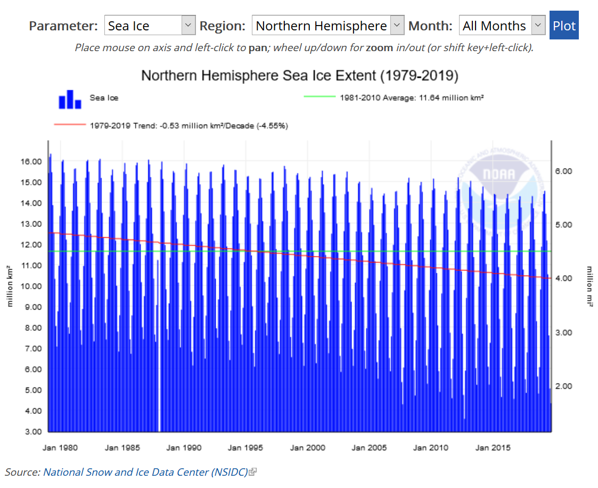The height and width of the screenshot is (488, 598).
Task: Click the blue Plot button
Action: click(564, 26)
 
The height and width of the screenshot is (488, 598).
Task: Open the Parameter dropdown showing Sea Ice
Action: click(150, 26)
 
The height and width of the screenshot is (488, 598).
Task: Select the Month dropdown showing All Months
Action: click(502, 26)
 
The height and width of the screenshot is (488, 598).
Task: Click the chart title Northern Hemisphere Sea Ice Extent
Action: click(299, 76)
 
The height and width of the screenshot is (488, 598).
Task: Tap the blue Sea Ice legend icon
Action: click(70, 100)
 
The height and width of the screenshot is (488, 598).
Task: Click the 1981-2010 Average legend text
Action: click(411, 97)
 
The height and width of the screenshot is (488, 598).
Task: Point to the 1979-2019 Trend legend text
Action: click(189, 126)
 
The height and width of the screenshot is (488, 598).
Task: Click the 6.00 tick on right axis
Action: click(563, 171)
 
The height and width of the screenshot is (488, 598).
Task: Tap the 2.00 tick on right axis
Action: click(563, 386)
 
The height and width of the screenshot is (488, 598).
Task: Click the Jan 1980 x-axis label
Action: click(60, 448)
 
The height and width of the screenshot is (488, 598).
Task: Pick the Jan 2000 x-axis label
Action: click(307, 448)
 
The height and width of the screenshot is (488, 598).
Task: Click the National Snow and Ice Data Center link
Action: click(145, 472)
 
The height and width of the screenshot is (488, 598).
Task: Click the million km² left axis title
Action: click(10, 286)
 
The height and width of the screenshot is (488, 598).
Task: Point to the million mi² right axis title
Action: click(589, 286)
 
